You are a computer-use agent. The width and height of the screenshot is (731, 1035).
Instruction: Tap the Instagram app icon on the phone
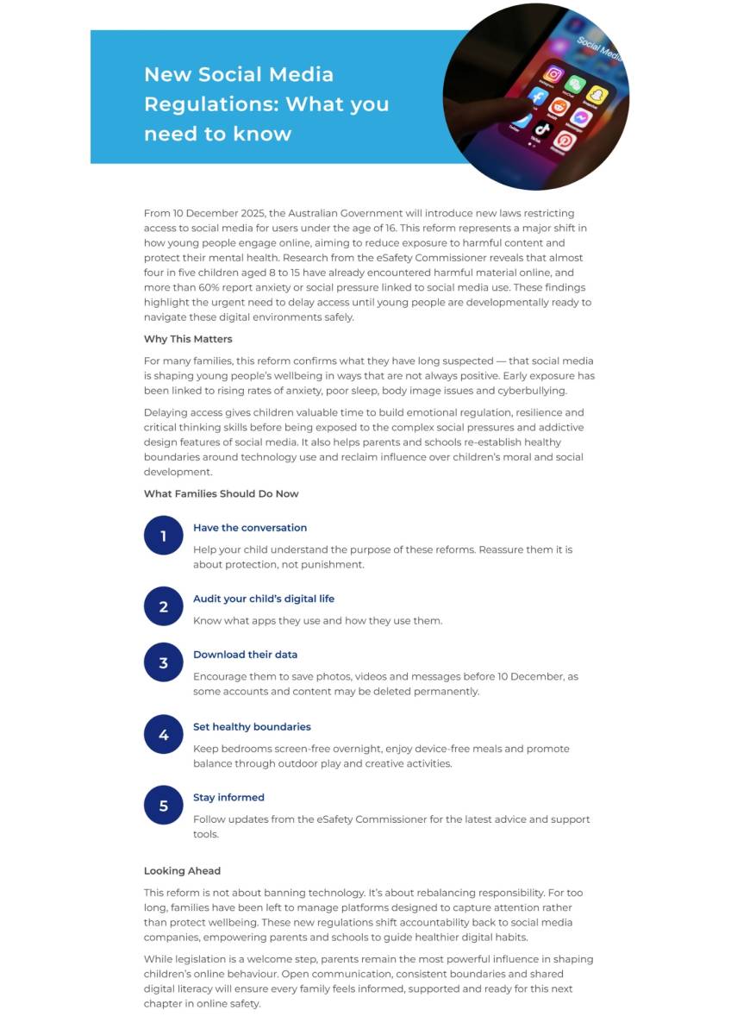553,74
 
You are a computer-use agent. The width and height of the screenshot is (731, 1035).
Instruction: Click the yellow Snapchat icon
597,95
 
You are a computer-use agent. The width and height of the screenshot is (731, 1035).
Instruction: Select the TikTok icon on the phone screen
542,131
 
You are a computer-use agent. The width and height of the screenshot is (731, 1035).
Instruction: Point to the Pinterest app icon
565,141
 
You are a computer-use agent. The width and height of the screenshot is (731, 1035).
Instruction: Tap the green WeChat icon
576,84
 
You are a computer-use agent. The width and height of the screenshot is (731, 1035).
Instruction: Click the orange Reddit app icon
559,107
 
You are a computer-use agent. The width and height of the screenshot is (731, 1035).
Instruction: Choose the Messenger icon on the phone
580,117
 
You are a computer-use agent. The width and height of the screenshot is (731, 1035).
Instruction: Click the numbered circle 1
163,536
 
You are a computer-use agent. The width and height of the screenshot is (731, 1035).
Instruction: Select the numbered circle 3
163,662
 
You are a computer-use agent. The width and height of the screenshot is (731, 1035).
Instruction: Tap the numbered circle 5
163,806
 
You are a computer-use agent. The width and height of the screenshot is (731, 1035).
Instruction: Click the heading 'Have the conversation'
250,528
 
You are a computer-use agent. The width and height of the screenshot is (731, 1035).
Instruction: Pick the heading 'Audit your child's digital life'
264,599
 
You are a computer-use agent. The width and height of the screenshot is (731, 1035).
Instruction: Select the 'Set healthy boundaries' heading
252,727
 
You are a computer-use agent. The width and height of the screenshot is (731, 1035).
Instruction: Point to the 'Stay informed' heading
228,798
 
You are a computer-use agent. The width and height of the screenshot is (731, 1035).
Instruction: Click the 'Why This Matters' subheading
188,339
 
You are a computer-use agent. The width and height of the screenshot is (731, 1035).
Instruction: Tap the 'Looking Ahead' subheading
182,871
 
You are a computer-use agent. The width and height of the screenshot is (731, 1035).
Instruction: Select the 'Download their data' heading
245,655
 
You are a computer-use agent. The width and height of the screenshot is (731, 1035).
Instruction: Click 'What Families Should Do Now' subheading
221,494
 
